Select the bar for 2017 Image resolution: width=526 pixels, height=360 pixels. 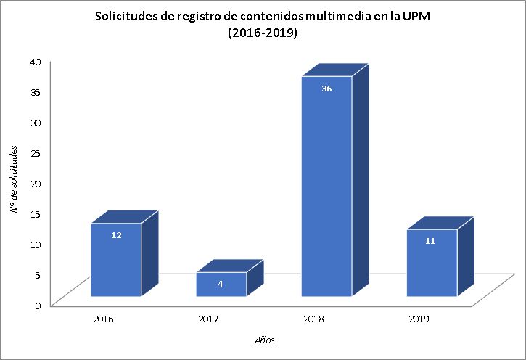(x=221, y=285)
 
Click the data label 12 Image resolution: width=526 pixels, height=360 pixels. (x=116, y=235)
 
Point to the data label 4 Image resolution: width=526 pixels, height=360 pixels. (x=221, y=283)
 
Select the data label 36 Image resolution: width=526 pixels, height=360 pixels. (x=326, y=89)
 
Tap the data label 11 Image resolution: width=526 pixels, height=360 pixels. (x=430, y=240)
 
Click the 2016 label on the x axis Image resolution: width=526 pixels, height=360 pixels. (x=104, y=318)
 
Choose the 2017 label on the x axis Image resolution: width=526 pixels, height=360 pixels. (x=209, y=318)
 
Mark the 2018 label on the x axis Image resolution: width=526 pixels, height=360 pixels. (x=314, y=318)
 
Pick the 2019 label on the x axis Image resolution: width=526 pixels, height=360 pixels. (x=419, y=318)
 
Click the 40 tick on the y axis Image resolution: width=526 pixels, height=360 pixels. (x=36, y=61)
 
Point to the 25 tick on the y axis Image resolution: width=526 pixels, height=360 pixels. (x=36, y=152)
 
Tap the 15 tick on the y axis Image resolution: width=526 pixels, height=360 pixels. (x=36, y=213)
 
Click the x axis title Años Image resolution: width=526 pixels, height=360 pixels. (x=264, y=340)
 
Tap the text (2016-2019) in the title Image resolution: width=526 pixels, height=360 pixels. (x=263, y=33)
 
